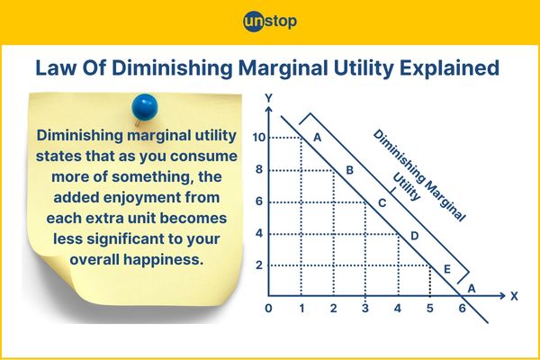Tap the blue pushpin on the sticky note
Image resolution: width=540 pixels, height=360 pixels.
tap(143, 107)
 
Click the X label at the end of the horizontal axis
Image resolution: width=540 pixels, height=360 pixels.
tap(515, 294)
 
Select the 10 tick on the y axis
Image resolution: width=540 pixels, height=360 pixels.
tap(257, 138)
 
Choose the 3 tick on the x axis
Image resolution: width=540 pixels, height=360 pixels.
tap(364, 309)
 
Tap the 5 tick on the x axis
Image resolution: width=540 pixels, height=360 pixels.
tap(429, 309)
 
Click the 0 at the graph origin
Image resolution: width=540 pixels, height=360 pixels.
tap(267, 309)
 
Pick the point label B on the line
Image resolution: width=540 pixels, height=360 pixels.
tap(350, 170)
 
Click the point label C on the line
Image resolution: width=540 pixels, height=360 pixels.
tap(382, 203)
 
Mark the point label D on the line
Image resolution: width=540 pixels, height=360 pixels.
tap(414, 236)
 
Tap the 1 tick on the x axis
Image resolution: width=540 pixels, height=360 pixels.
tap(301, 309)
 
